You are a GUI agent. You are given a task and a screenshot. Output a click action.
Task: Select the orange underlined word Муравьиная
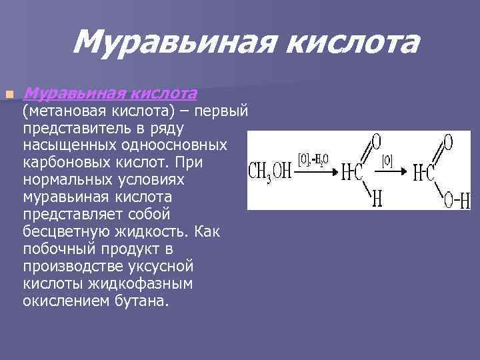coord(74,93)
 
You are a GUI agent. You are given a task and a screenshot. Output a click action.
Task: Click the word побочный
coord(61,249)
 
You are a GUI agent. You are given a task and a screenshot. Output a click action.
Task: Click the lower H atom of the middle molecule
coord(377,199)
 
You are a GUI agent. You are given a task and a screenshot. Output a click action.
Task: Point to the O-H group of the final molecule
coord(457,199)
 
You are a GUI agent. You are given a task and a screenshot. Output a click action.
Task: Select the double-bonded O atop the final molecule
coord(448,142)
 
